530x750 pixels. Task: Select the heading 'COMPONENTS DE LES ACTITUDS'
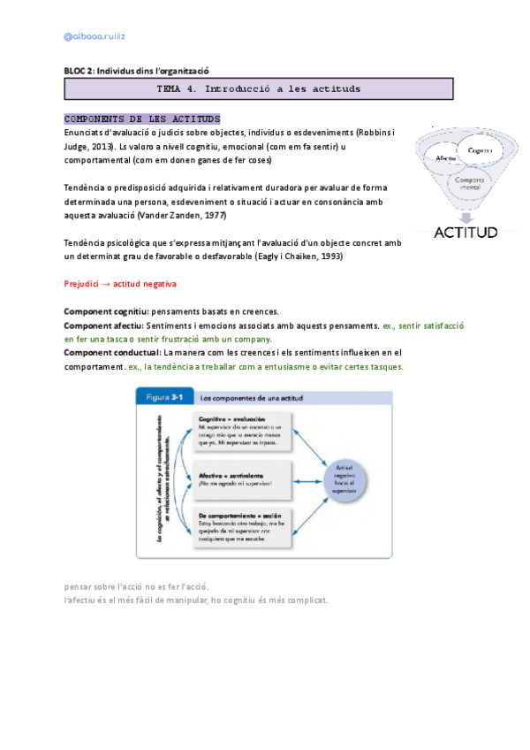142,119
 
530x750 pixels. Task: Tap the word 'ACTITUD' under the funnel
465,233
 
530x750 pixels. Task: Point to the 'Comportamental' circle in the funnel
469,183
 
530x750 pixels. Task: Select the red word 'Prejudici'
84,284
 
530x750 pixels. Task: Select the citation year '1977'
213,215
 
